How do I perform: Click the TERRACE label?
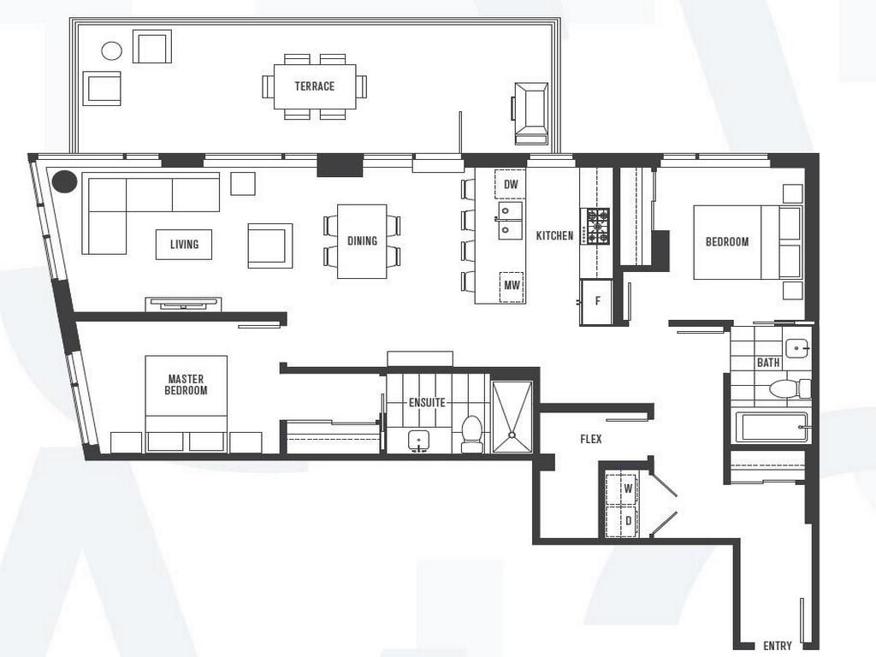point(314,86)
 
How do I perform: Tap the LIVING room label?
point(184,245)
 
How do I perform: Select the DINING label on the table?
point(362,241)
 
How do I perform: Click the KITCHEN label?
point(554,235)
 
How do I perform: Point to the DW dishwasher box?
point(511,185)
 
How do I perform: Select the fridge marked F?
point(597,302)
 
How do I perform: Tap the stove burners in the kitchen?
point(596,227)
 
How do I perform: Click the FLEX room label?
point(590,439)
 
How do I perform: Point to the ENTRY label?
point(777,646)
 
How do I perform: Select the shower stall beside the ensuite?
point(512,416)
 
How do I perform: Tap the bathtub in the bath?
point(771,426)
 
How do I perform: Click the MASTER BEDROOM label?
point(186,384)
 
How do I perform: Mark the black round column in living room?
point(63,182)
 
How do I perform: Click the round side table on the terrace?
point(111,50)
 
